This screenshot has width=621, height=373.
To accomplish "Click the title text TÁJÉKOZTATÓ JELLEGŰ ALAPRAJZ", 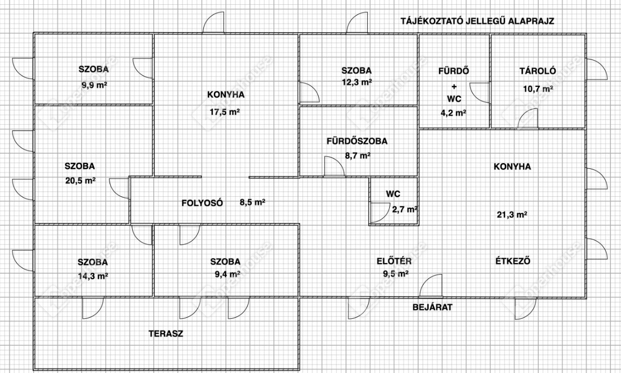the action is pyautogui.click(x=477, y=21).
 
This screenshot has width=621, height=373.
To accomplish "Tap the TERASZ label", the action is pyautogui.click(x=166, y=334).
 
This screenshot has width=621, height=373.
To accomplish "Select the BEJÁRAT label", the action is pyautogui.click(x=432, y=307).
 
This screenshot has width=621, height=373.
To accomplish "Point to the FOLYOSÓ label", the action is pyautogui.click(x=202, y=203).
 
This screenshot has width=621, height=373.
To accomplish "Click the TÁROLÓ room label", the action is pyautogui.click(x=537, y=71).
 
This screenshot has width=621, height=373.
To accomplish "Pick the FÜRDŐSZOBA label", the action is pyautogui.click(x=357, y=141).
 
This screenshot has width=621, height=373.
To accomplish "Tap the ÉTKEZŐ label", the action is pyautogui.click(x=513, y=260).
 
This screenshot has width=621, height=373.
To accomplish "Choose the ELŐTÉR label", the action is pyautogui.click(x=393, y=261).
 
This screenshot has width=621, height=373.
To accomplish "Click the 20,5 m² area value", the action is pyautogui.click(x=81, y=181).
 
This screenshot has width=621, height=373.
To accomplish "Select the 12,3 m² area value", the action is pyautogui.click(x=357, y=82).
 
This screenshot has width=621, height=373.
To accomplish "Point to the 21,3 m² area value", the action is pyautogui.click(x=512, y=215).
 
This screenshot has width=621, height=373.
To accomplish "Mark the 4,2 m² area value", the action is pyautogui.click(x=454, y=113).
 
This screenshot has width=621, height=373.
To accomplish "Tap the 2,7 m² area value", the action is pyautogui.click(x=405, y=209).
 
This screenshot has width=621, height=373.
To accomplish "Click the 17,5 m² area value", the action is pyautogui.click(x=224, y=112).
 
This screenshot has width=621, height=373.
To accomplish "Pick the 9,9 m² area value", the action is pyautogui.click(x=94, y=85).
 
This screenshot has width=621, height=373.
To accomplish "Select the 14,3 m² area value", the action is pyautogui.click(x=93, y=276).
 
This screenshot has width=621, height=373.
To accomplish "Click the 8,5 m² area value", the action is pyautogui.click(x=252, y=203).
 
